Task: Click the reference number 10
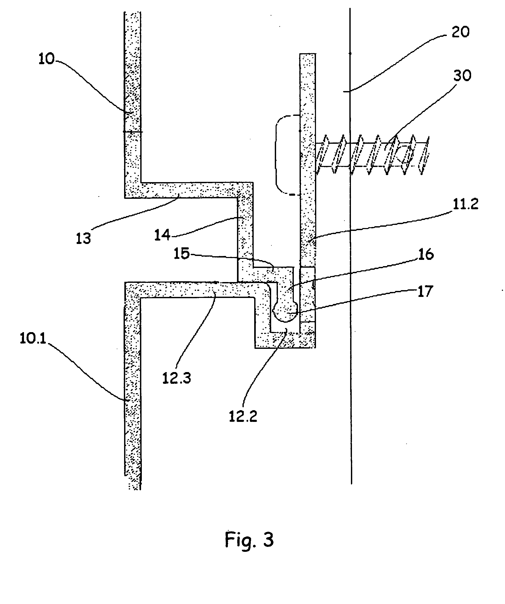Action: pyautogui.click(x=47, y=59)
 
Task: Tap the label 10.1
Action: pyautogui.click(x=33, y=339)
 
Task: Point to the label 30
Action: pyautogui.click(x=462, y=76)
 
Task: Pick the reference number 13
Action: pyautogui.click(x=83, y=238)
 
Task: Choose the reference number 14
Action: pyautogui.click(x=162, y=235)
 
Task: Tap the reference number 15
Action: pyautogui.click(x=182, y=254)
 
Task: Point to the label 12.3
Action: pyautogui.click(x=177, y=378)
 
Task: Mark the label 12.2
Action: pyautogui.click(x=243, y=416)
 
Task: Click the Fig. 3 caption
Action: pyautogui.click(x=249, y=540)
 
